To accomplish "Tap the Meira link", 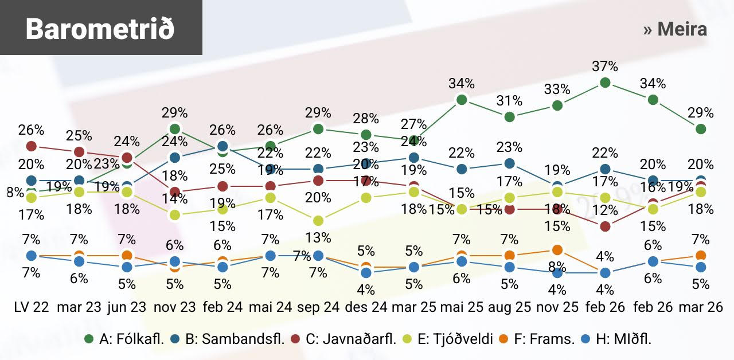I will click(x=675, y=29).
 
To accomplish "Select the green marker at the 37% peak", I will click(x=604, y=83).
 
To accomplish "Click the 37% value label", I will click(x=605, y=66).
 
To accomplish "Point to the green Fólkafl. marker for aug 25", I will click(x=509, y=117).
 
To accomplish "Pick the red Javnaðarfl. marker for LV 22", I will click(x=32, y=146).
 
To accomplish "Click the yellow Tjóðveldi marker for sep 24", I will click(x=318, y=221).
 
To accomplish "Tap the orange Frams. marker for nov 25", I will click(x=557, y=249).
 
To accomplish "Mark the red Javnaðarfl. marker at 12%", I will click(x=604, y=226).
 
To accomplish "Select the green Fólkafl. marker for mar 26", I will click(x=701, y=129).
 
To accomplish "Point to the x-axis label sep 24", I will click(x=318, y=307).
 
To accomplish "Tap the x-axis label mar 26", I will click(x=700, y=307).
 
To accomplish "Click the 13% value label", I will click(x=318, y=237).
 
